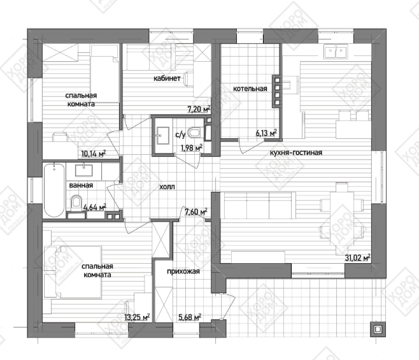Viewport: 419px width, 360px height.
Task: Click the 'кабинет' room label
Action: pyautogui.click(x=167, y=78)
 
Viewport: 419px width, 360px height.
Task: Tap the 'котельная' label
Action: pyautogui.click(x=250, y=89)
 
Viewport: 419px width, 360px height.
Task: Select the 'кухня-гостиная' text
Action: pyautogui.click(x=296, y=153)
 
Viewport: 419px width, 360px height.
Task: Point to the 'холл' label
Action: pyautogui.click(x=167, y=187)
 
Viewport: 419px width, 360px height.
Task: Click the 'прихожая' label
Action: pyautogui.click(x=183, y=271)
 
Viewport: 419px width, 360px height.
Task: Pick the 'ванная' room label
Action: pyautogui.click(x=81, y=185)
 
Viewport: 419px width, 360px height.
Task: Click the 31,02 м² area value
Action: pyautogui.click(x=357, y=257)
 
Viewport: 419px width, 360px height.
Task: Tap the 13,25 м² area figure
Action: pyautogui.click(x=137, y=317)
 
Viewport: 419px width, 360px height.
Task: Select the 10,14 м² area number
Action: pyautogui.click(x=94, y=154)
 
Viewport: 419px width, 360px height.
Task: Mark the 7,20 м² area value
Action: pyautogui.click(x=199, y=109)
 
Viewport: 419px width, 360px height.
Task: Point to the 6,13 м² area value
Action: pyautogui.click(x=266, y=133)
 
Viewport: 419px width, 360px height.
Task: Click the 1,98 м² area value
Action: pyautogui.click(x=191, y=148)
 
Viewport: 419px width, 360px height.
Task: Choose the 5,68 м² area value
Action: pyautogui.click(x=190, y=317)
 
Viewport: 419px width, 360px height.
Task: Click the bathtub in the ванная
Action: pyautogui.click(x=54, y=190)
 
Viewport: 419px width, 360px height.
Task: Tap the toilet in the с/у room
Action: pyautogui.click(x=194, y=133)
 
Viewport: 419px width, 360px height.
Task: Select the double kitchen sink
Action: pyautogui.click(x=336, y=51)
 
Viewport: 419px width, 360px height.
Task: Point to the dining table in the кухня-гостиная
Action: pyautogui.click(x=343, y=218)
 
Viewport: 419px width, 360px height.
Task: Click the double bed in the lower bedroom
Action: pyautogui.click(x=73, y=272)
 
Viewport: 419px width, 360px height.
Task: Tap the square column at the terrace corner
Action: pyautogui.click(x=378, y=329)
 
